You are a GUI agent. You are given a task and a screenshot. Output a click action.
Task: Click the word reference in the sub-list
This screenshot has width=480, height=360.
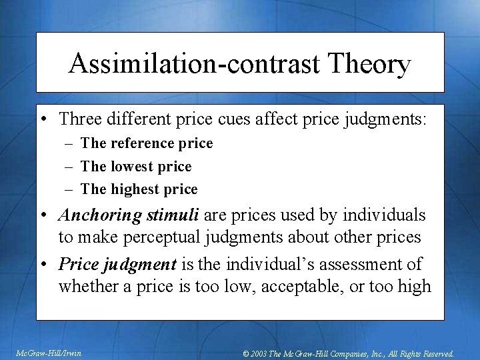pos(140,143)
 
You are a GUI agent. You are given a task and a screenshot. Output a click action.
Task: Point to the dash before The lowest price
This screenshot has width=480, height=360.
pos(69,167)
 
